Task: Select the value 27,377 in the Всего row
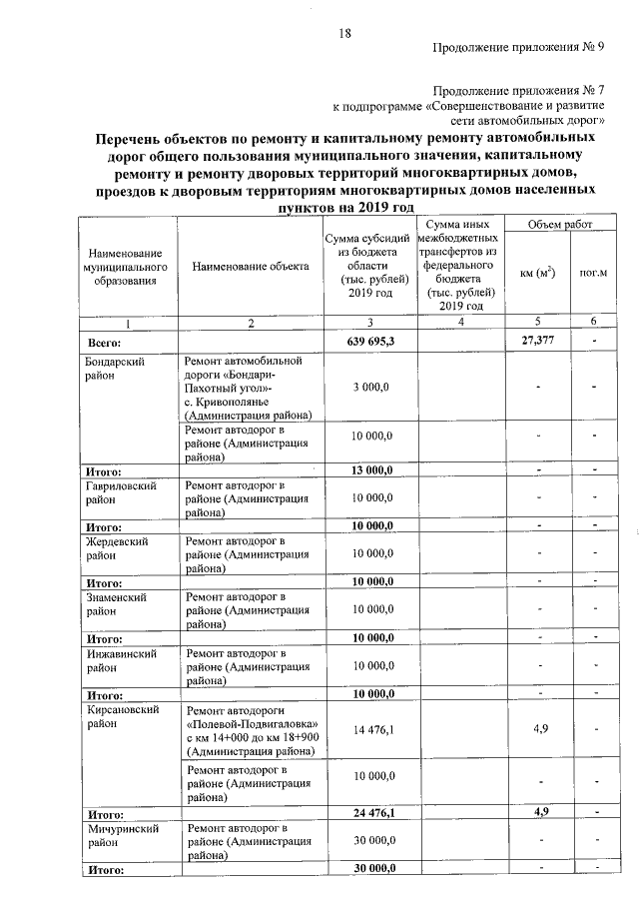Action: point(538,342)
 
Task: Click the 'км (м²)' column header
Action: point(538,273)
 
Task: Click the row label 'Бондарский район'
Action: point(117,369)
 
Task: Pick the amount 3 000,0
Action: point(370,387)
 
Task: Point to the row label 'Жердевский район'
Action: point(117,546)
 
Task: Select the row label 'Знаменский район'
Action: point(117,602)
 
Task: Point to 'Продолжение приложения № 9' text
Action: point(525,47)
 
